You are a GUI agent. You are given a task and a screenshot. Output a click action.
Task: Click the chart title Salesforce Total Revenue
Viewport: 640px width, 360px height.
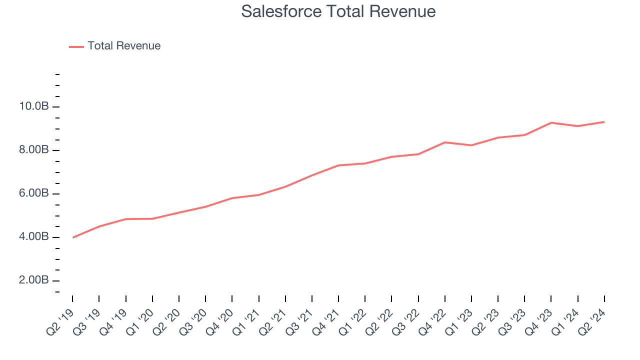point(338,11)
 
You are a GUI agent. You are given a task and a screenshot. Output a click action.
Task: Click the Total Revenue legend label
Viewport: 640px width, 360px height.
point(124,46)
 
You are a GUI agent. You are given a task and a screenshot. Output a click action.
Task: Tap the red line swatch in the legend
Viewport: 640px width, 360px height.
point(76,46)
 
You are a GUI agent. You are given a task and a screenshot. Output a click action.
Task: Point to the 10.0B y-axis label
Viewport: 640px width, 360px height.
point(33,106)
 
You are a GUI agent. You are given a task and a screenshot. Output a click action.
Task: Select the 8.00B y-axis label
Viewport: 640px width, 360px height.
point(33,150)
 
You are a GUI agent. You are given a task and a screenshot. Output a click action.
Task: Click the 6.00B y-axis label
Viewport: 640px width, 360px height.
point(33,193)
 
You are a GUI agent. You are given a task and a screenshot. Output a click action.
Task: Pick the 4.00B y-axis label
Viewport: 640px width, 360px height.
point(33,237)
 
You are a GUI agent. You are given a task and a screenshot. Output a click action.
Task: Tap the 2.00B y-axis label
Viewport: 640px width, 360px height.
point(33,280)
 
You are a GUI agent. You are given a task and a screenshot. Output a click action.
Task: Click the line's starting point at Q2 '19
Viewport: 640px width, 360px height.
point(72,237)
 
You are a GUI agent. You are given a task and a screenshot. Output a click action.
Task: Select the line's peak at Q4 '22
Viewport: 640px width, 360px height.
point(444,142)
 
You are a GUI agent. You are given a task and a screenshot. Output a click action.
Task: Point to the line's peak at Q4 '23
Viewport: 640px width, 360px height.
point(551,122)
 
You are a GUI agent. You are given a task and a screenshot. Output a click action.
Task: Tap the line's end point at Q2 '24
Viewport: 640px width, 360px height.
point(604,121)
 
